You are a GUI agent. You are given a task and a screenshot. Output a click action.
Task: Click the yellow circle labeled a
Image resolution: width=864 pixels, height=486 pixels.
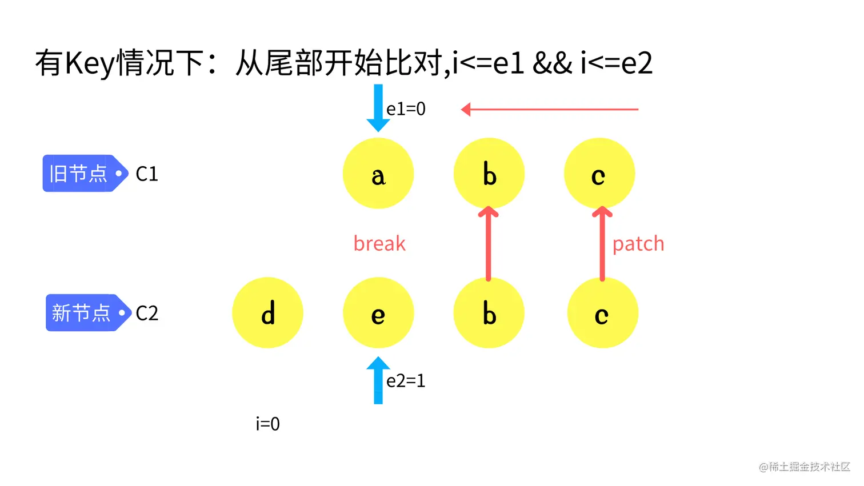(378, 174)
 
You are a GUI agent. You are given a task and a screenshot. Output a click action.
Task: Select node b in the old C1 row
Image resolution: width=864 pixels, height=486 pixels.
(489, 174)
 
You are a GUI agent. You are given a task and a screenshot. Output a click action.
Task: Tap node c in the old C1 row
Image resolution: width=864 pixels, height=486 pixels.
(599, 174)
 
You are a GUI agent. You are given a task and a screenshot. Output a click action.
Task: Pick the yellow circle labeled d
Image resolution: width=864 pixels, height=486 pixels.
(267, 313)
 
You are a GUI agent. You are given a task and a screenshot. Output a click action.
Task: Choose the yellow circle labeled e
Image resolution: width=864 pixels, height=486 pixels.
(378, 313)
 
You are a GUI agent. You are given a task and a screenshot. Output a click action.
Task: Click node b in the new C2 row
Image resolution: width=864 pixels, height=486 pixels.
(489, 313)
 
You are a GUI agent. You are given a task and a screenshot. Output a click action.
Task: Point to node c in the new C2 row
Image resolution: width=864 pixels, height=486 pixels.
(602, 313)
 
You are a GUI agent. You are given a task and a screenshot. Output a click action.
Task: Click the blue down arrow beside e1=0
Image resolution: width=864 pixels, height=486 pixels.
(378, 107)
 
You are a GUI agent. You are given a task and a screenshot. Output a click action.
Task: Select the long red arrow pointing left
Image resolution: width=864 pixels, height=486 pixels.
(549, 109)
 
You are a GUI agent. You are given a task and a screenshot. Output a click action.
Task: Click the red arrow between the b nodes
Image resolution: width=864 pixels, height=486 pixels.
(488, 244)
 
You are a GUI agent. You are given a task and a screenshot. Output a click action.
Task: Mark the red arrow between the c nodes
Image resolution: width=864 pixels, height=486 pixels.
(602, 244)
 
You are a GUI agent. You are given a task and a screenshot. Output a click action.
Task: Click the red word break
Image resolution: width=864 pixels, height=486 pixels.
(379, 244)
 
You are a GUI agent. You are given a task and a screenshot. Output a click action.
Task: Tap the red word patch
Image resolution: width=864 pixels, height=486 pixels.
(638, 244)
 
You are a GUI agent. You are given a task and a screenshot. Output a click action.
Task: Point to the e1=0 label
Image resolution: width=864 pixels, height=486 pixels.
(406, 109)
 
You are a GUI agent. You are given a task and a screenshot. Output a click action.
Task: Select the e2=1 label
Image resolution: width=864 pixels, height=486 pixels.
(406, 380)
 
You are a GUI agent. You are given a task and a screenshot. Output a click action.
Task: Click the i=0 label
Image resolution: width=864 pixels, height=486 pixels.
(267, 424)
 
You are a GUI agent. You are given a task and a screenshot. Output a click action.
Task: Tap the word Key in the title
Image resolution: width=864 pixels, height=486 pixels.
(90, 63)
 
